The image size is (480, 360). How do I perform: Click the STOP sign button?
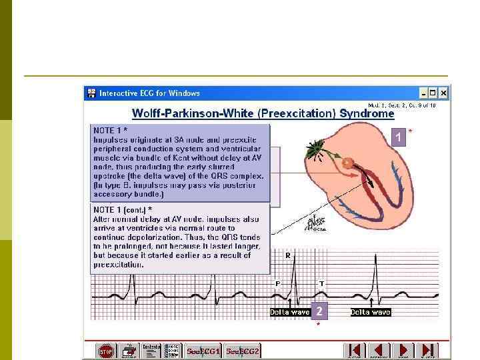tap(106, 350)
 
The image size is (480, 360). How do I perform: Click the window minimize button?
tap(423, 93)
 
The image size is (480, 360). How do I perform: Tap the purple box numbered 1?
tap(399, 137)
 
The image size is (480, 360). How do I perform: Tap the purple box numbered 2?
tap(319, 311)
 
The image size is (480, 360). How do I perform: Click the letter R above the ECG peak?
tap(288, 255)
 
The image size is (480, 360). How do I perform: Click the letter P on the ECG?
tap(277, 283)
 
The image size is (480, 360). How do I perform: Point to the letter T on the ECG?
tap(321, 283)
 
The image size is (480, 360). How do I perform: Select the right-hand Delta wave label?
tap(370, 312)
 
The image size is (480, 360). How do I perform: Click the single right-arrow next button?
tap(404, 350)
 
